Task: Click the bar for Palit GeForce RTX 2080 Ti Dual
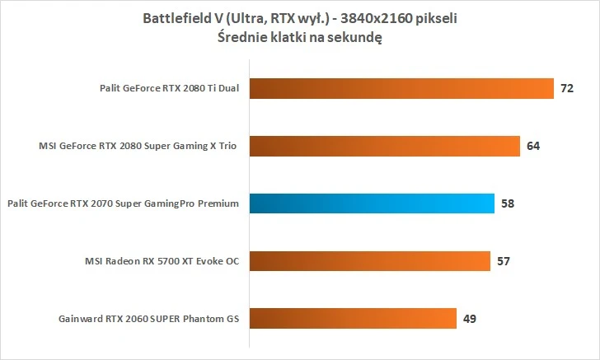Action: [x=401, y=89]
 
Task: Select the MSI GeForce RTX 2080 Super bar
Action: [x=384, y=146]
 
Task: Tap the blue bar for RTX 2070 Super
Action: [x=372, y=203]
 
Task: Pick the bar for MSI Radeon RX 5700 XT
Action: [x=369, y=261]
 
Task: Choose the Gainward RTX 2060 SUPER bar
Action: [x=353, y=318]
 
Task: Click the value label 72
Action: [x=566, y=89]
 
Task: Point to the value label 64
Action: [x=532, y=146]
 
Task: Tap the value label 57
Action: [x=504, y=261]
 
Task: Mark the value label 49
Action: [x=469, y=318]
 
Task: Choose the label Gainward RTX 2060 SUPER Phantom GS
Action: [x=148, y=318]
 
